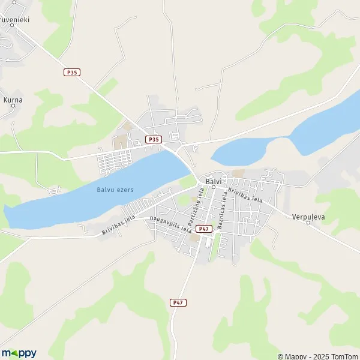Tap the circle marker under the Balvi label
click(213, 187)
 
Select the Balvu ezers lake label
click(115, 190)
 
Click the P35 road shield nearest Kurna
click(72, 72)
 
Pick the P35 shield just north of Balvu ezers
click(154, 140)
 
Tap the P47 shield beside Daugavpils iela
click(204, 229)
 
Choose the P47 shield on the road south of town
click(177, 303)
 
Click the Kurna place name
click(13, 100)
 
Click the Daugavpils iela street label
click(171, 225)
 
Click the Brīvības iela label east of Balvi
click(245, 193)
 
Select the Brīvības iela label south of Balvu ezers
click(116, 227)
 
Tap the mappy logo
click(19, 353)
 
